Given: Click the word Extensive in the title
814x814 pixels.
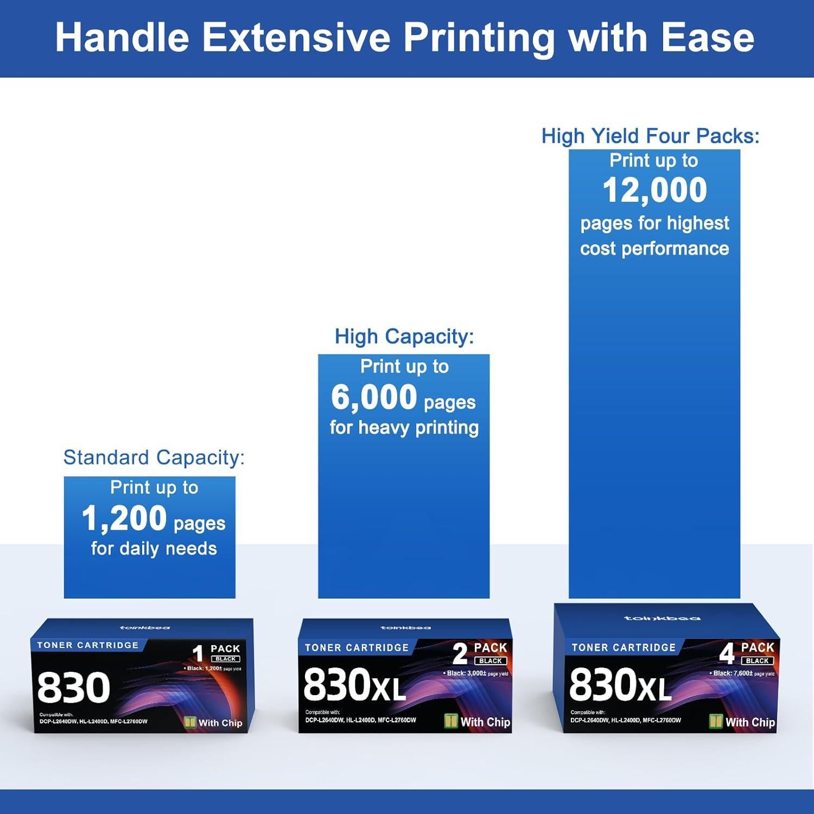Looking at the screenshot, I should (296, 38).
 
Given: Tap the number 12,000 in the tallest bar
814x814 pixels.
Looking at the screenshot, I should (654, 190).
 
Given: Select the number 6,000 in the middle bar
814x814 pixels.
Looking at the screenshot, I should (374, 397).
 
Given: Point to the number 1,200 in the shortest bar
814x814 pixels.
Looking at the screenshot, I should (124, 518).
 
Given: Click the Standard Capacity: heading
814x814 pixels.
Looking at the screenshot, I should (154, 457).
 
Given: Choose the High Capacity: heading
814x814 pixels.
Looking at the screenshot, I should (404, 336).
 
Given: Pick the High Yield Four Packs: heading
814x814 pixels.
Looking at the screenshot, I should (650, 136).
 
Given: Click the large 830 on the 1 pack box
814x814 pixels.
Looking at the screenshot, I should (74, 688).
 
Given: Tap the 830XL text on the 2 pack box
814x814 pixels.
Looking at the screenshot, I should (354, 685).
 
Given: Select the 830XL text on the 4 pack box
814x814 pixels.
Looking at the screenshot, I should (620, 685).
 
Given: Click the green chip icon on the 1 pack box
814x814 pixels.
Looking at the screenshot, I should (190, 722).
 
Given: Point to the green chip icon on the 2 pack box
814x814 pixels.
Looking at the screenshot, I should (451, 721).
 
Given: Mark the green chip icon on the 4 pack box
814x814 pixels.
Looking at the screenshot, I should (716, 721).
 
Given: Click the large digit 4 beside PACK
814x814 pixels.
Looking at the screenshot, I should (727, 653).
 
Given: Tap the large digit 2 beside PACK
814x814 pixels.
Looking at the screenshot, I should (460, 654).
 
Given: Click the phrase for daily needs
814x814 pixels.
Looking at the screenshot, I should (154, 549).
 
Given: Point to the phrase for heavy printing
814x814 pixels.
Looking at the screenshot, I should (404, 428).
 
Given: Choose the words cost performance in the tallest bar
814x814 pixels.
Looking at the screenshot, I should (654, 249).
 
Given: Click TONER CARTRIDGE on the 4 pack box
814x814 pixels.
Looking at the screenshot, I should (624, 647).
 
